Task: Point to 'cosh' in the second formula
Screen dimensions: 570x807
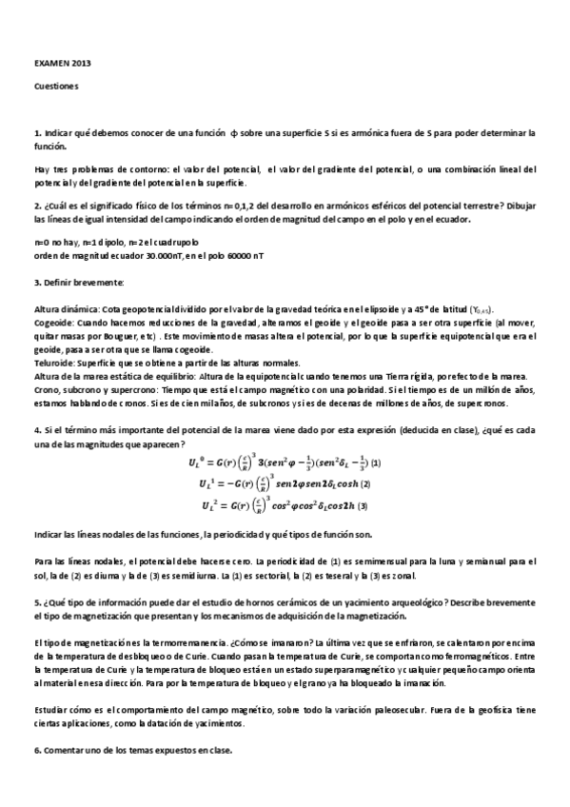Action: coord(343,483)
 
